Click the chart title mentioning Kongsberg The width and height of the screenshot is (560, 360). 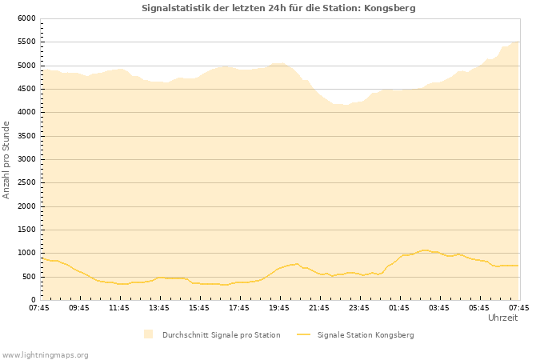(278, 8)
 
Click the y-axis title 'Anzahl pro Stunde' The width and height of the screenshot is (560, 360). (6, 159)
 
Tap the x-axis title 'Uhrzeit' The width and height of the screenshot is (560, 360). (502, 318)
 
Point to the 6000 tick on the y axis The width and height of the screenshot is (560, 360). (26, 18)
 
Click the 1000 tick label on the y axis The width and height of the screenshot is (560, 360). (26, 254)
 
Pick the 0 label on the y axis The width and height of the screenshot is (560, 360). (33, 300)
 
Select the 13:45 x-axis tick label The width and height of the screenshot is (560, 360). (159, 307)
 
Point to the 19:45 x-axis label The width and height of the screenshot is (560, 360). (279, 307)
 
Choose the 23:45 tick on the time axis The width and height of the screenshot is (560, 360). (359, 307)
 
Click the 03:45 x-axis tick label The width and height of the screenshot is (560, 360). (439, 307)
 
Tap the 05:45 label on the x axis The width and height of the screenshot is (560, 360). (479, 307)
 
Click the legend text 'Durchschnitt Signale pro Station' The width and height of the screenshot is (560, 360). (221, 334)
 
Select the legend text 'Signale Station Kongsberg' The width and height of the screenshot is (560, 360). (366, 334)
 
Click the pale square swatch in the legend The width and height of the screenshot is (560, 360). (148, 334)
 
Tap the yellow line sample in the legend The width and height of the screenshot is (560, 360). (303, 334)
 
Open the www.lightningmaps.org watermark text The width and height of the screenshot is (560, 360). (46, 354)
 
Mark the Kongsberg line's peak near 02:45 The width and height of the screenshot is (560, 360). (425, 250)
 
